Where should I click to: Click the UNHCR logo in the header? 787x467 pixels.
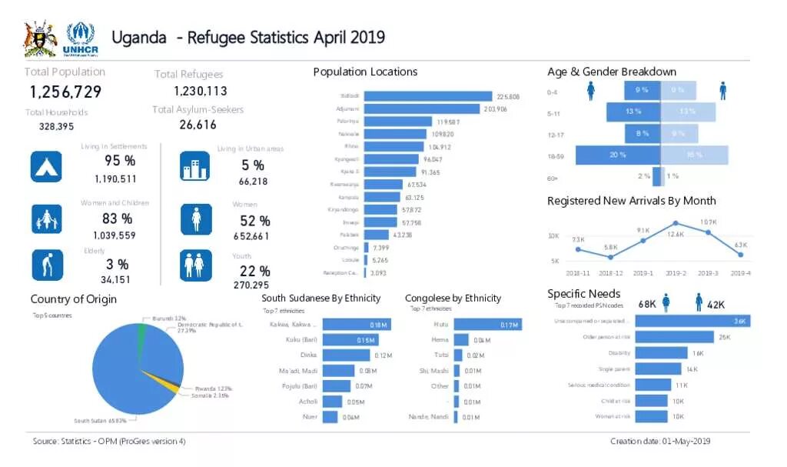(80, 39)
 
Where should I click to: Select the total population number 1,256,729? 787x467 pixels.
(65, 92)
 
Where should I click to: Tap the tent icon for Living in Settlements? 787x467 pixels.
(46, 166)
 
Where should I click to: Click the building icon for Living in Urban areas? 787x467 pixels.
(194, 166)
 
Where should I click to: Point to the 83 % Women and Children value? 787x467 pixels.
(117, 218)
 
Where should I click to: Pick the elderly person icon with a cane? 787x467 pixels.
(46, 265)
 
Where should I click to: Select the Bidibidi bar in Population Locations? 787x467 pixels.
(427, 96)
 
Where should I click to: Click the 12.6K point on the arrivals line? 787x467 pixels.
(676, 224)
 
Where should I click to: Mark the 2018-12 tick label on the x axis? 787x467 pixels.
(611, 273)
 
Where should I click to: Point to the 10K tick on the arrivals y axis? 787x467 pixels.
(553, 235)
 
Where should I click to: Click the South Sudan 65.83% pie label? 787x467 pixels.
(105, 421)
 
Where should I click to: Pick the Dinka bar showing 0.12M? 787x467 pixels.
(346, 355)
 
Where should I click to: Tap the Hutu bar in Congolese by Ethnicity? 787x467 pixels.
(486, 325)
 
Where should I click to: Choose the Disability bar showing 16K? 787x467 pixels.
(661, 352)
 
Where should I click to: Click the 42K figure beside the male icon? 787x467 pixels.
(716, 305)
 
